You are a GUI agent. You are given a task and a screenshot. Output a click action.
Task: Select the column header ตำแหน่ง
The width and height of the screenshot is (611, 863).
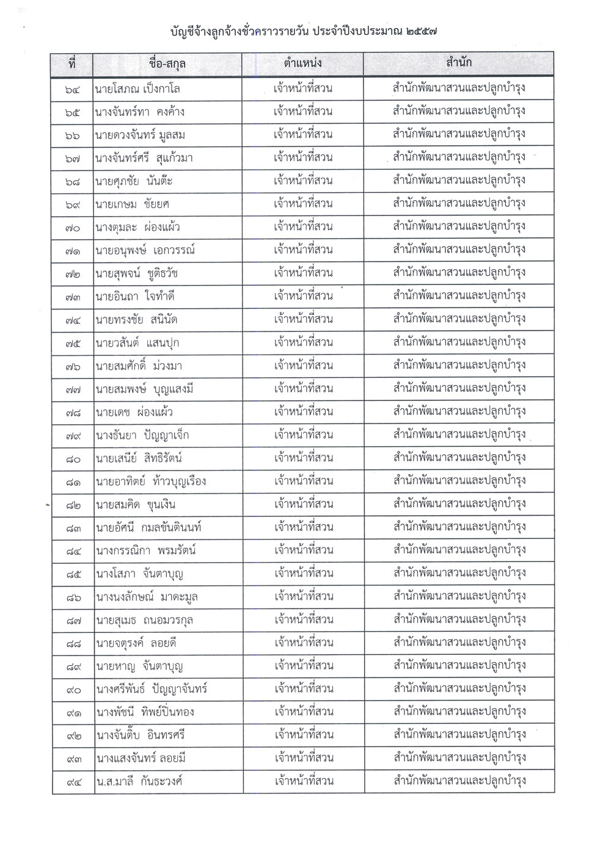(303, 63)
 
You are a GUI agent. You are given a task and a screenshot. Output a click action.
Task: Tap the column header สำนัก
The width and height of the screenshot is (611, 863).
(459, 63)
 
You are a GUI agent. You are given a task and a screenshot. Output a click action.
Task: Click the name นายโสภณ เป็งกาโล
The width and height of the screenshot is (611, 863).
(137, 89)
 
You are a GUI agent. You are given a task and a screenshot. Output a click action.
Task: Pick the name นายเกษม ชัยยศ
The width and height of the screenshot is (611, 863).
(131, 204)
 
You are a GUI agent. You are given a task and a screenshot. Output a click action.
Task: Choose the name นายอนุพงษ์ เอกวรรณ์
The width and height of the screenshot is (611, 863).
(145, 250)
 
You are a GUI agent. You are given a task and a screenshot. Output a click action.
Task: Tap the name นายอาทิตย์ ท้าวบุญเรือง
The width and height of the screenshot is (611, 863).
(150, 481)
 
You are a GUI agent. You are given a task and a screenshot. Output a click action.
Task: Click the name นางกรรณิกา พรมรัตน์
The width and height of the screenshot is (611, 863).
(144, 551)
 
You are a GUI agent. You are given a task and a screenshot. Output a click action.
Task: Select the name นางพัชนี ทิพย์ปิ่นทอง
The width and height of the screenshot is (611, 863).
(147, 712)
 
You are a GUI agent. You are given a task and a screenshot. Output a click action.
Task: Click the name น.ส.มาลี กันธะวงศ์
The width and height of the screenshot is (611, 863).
(139, 781)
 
